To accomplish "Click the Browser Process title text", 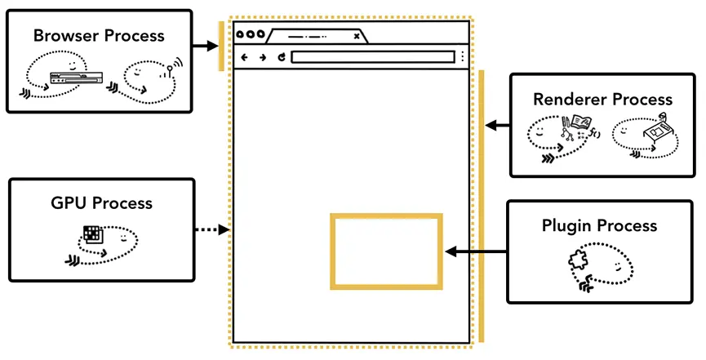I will click(99, 36).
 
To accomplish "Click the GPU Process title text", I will click(102, 203).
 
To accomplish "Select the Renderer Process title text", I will click(602, 100).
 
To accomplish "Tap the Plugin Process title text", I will click(599, 225).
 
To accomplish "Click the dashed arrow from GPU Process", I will click(212, 231).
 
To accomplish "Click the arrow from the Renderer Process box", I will click(497, 126).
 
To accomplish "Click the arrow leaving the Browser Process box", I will click(206, 46).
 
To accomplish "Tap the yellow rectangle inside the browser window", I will click(386, 251).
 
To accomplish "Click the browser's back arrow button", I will click(244, 57).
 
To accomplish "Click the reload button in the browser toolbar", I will click(281, 57).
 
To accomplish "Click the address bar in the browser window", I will click(372, 57).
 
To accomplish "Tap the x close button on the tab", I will click(356, 35).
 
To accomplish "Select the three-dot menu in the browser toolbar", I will click(463, 57).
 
